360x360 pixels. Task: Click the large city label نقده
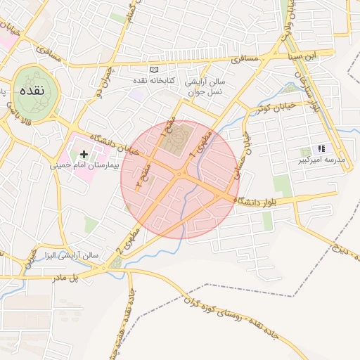30,90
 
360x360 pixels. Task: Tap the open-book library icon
155,70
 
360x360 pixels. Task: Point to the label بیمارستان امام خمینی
78,166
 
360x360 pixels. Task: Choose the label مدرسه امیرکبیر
323,160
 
